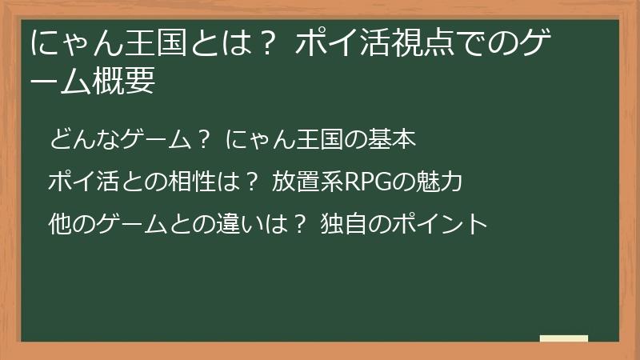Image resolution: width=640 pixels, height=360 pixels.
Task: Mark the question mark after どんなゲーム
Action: (203, 140)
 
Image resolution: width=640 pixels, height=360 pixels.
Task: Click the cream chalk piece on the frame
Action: (563, 338)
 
